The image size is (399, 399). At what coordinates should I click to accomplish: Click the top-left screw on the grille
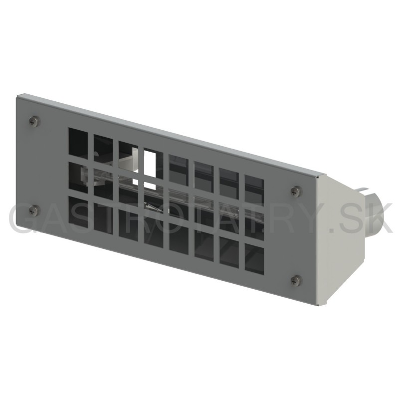click(x=34, y=121)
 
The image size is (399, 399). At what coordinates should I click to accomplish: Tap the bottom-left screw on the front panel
click(x=34, y=210)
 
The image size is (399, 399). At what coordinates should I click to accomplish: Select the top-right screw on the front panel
click(x=296, y=192)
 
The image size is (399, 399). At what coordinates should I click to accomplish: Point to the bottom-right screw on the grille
click(x=296, y=280)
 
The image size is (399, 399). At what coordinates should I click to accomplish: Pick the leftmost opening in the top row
click(x=78, y=143)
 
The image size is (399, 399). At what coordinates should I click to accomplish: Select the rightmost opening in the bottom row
click(x=254, y=259)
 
